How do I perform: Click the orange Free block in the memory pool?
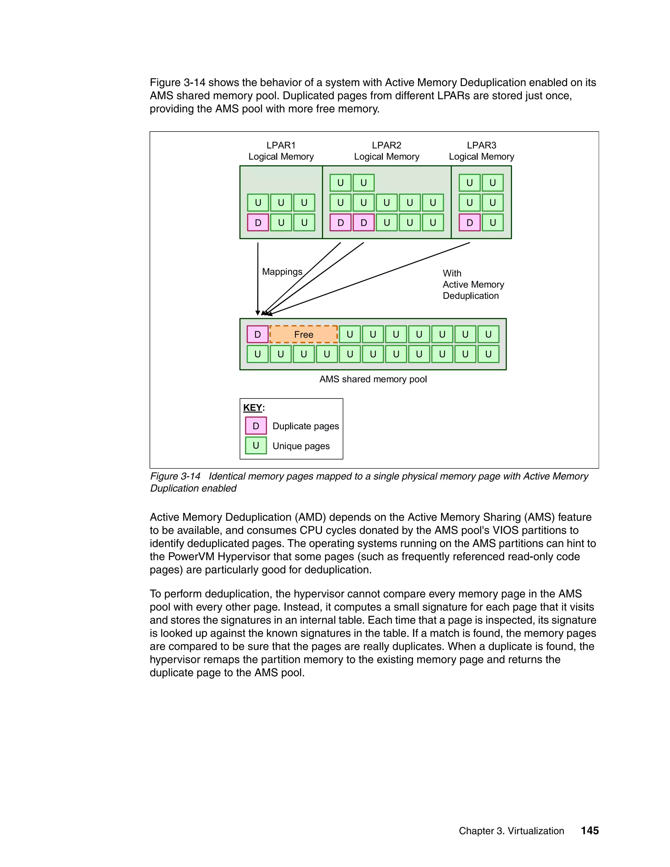pyautogui.click(x=304, y=334)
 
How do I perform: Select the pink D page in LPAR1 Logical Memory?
pyautogui.click(x=258, y=223)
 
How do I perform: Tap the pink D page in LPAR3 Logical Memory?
pyautogui.click(x=469, y=223)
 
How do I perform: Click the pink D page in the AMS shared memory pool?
pyautogui.click(x=257, y=334)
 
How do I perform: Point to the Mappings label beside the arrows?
pyautogui.click(x=282, y=272)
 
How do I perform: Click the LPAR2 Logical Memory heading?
pyautogui.click(x=387, y=151)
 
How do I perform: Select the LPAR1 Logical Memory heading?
pyautogui.click(x=281, y=151)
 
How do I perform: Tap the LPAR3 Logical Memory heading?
pyautogui.click(x=482, y=151)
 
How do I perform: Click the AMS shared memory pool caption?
pyautogui.click(x=373, y=379)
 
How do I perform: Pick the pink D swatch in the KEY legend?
pyautogui.click(x=256, y=426)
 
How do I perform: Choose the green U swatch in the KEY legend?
pyautogui.click(x=256, y=445)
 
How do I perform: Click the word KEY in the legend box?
pyautogui.click(x=253, y=408)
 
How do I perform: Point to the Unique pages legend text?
pyautogui.click(x=301, y=446)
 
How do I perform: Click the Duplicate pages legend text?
pyautogui.click(x=306, y=426)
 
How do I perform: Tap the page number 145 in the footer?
pyautogui.click(x=590, y=830)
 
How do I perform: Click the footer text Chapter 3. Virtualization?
pyautogui.click(x=511, y=831)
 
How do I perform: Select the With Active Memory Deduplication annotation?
pyautogui.click(x=473, y=284)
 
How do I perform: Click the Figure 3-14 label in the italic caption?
pyautogui.click(x=175, y=476)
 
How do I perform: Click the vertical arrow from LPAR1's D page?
pyautogui.click(x=258, y=278)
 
